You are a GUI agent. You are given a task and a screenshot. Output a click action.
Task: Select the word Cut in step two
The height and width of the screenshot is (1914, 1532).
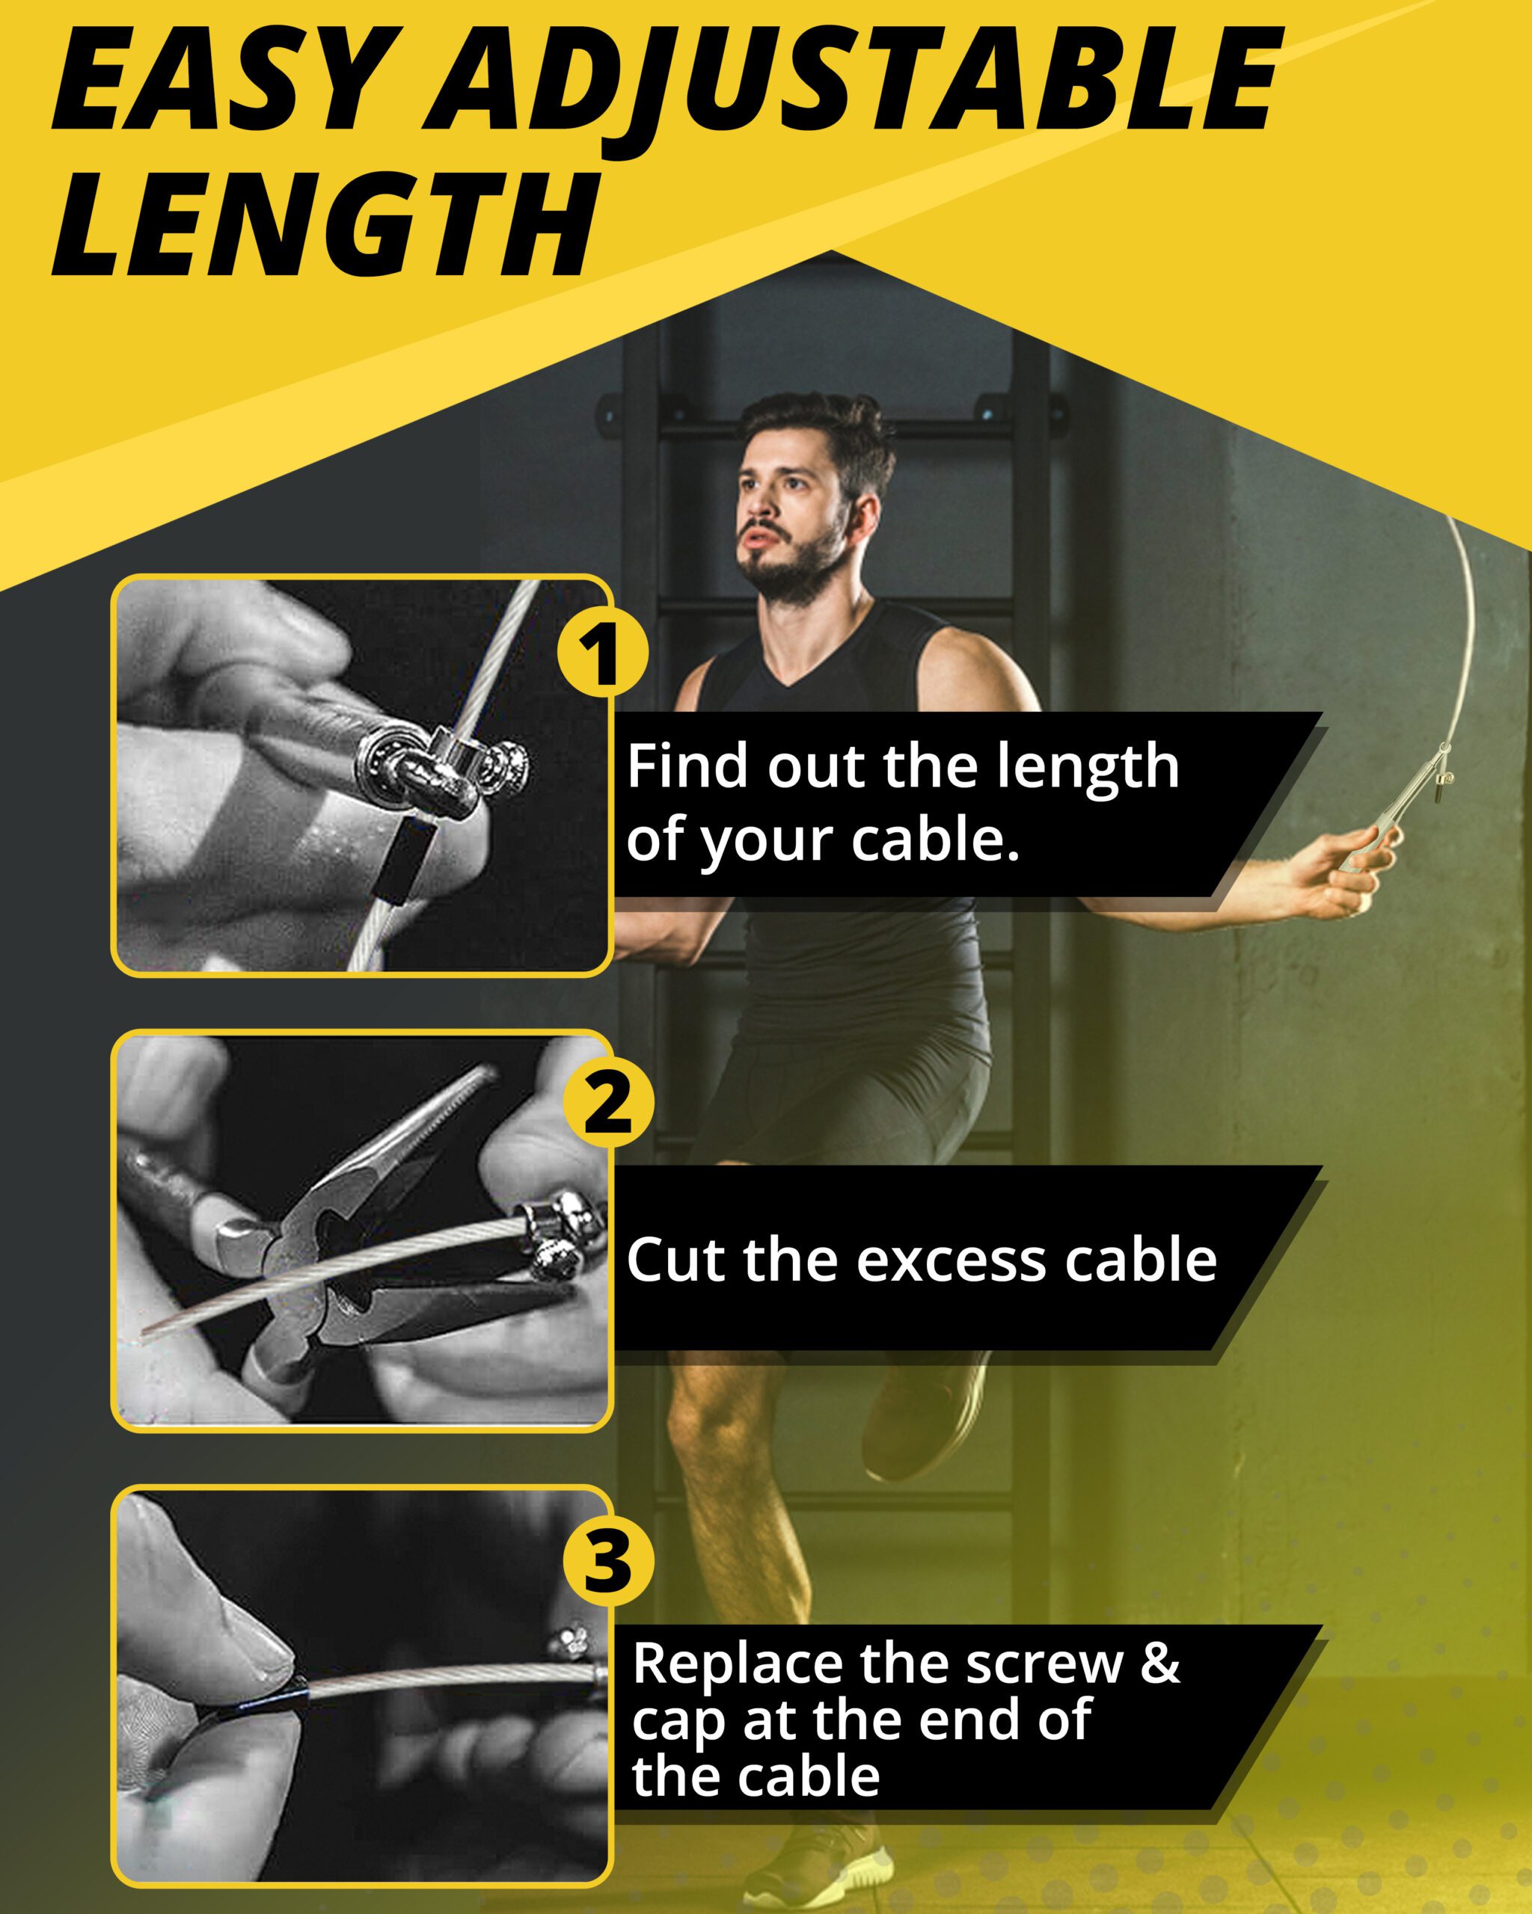pyautogui.click(x=678, y=1260)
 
